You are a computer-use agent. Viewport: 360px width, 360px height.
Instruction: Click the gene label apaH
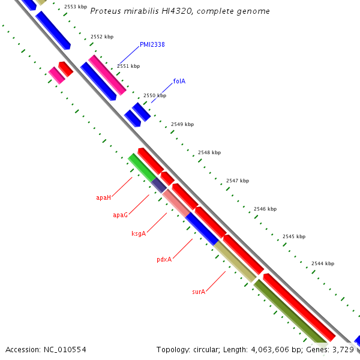pyautogui.click(x=103, y=197)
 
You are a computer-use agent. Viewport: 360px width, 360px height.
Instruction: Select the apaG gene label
pyautogui.click(x=120, y=215)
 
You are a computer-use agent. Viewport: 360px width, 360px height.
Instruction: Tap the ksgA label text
pyautogui.click(x=139, y=233)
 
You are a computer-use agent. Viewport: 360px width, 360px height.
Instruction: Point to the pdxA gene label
pyautogui.click(x=164, y=259)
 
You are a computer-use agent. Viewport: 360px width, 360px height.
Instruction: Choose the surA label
pyautogui.click(x=199, y=292)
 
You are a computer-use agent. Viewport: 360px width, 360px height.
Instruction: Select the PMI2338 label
pyautogui.click(x=152, y=44)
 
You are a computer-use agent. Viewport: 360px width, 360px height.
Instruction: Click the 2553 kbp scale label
pyautogui.click(x=75, y=7)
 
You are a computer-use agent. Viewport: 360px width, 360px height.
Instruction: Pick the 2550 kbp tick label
pyautogui.click(x=155, y=95)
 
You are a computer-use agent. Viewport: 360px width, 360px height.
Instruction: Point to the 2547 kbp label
pyautogui.click(x=237, y=181)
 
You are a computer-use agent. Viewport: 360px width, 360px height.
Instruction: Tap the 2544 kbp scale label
pyautogui.click(x=322, y=263)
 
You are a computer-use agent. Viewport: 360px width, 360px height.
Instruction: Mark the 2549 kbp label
pyautogui.click(x=182, y=124)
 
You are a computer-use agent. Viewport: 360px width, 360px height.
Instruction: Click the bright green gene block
pyautogui.click(x=142, y=167)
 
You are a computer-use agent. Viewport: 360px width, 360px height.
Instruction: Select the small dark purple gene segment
pyautogui.click(x=159, y=185)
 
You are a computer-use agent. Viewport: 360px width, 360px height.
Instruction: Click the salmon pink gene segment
pyautogui.click(x=176, y=202)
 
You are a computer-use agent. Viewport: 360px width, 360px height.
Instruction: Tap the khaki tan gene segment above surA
pyautogui.click(x=235, y=261)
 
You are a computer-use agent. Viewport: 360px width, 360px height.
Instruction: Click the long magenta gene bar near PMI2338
pyautogui.click(x=108, y=75)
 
